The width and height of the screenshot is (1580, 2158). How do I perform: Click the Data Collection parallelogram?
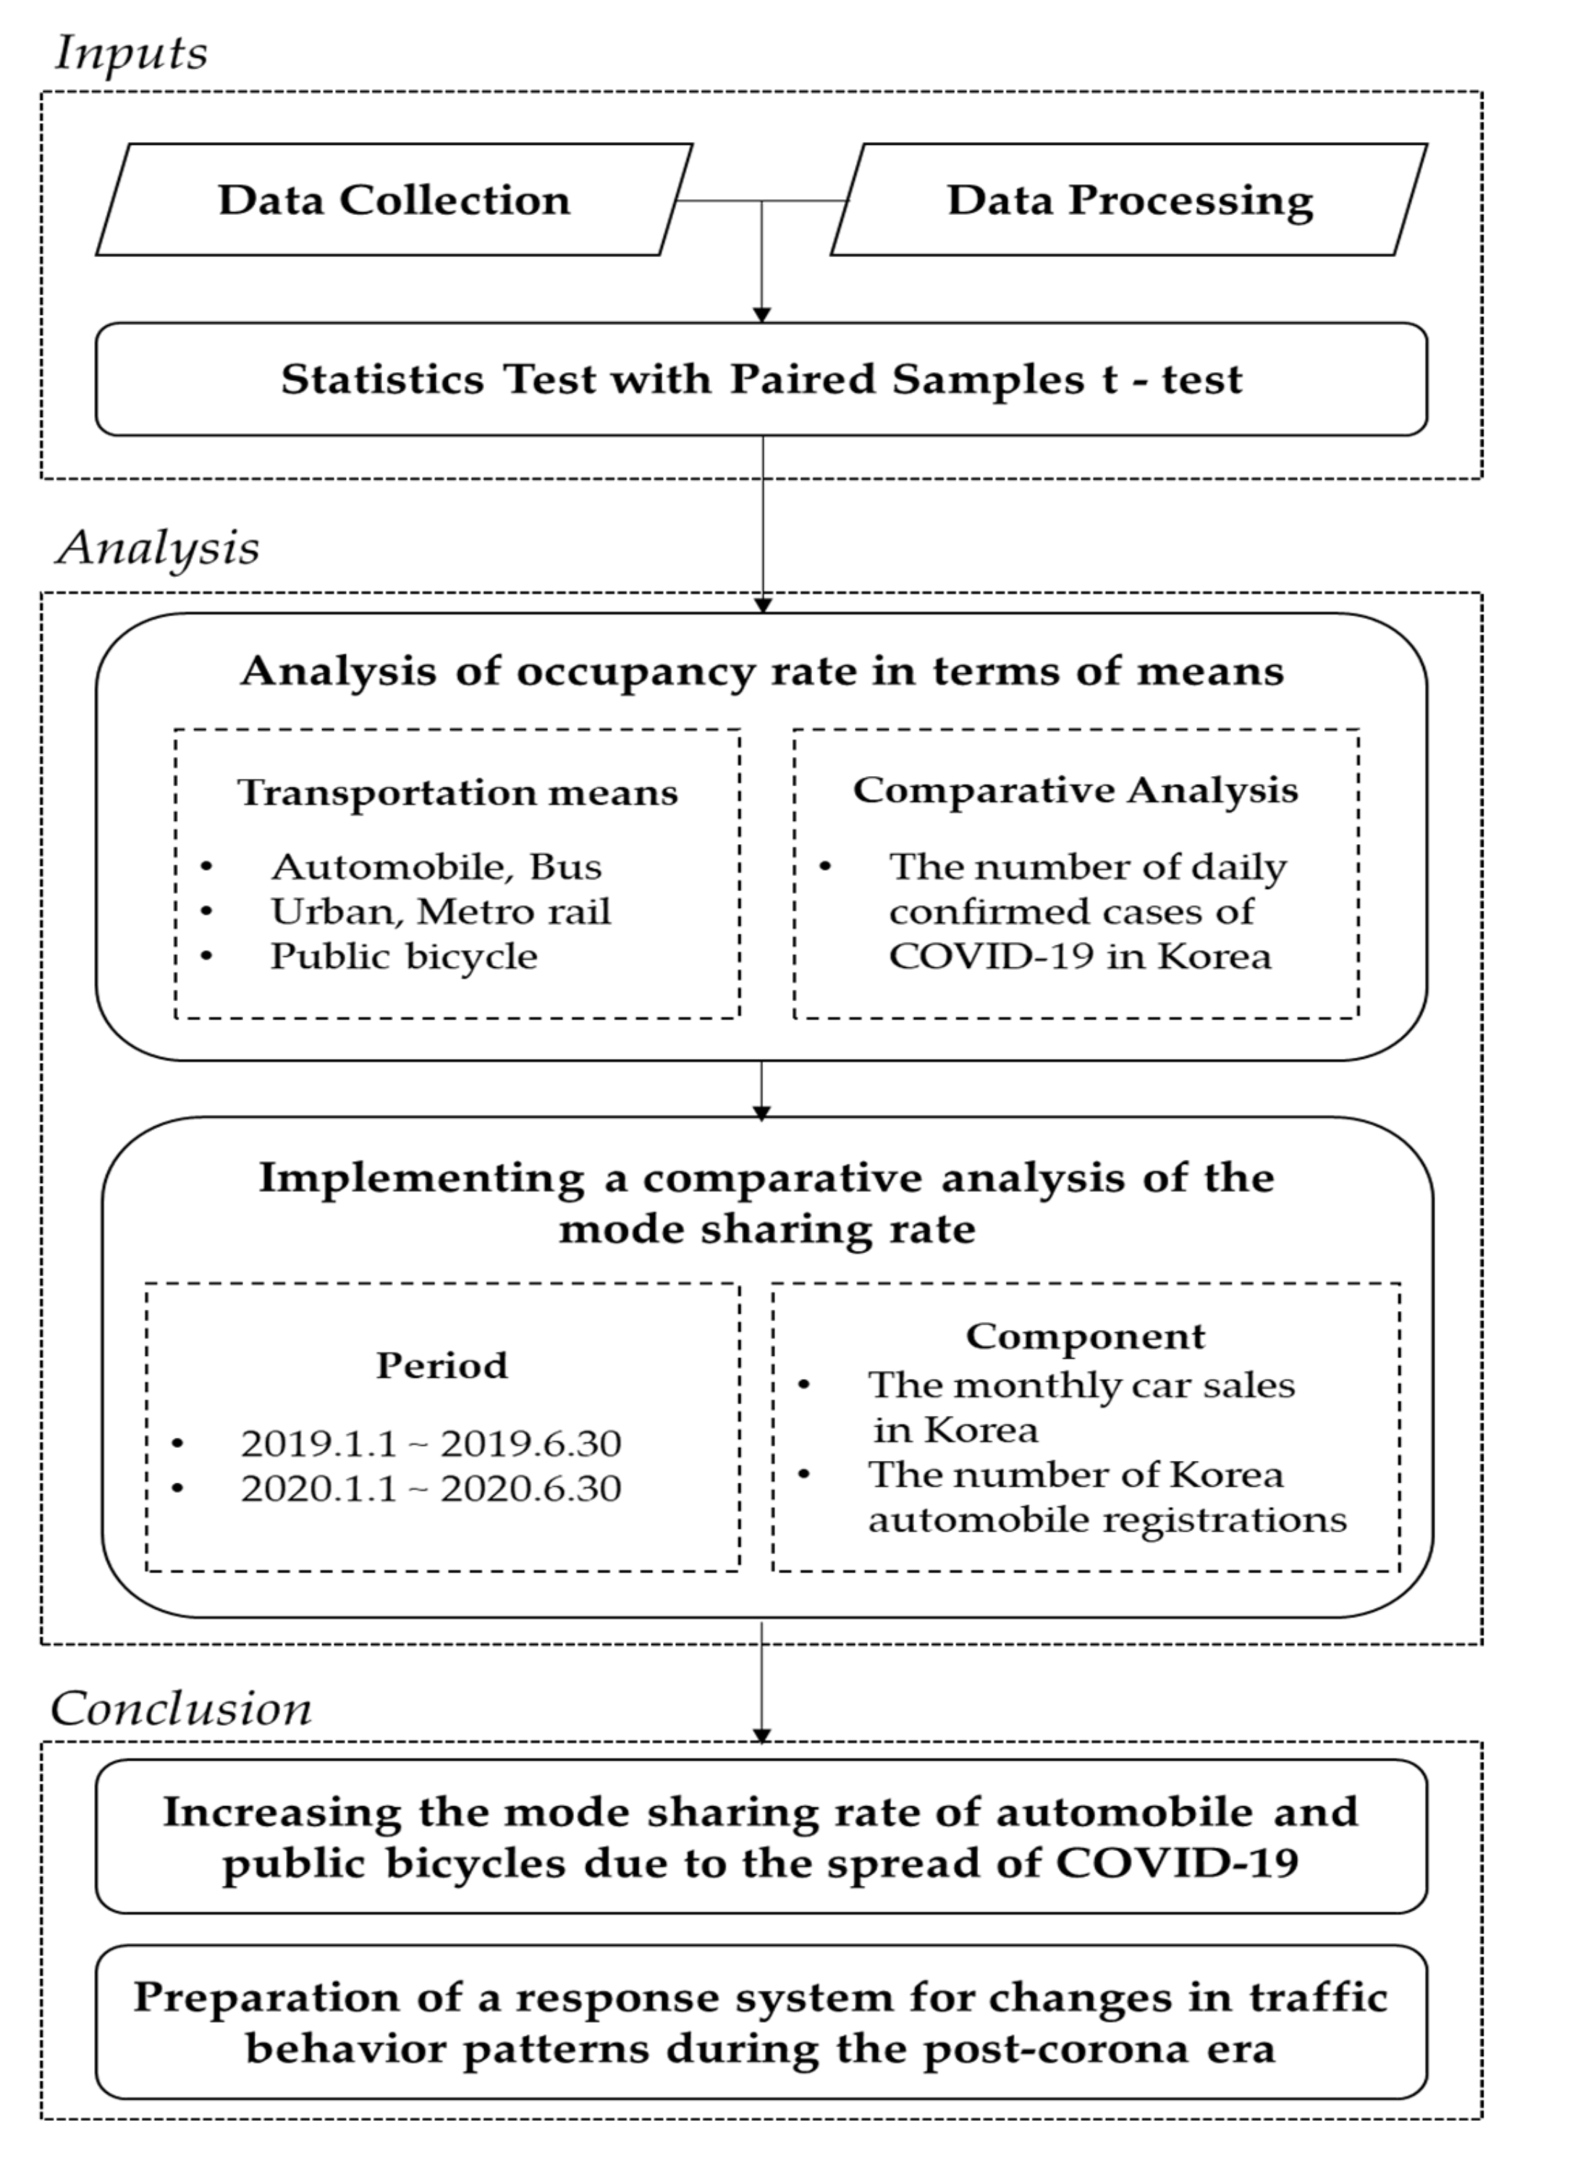click(x=394, y=200)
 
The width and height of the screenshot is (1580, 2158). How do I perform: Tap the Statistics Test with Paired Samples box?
click(x=761, y=379)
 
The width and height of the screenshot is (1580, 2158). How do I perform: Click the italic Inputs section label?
click(x=131, y=53)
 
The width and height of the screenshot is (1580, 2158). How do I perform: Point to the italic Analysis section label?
click(x=158, y=548)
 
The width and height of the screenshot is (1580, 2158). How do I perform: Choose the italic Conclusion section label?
click(x=181, y=1708)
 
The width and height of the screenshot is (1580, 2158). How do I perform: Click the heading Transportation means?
click(x=457, y=792)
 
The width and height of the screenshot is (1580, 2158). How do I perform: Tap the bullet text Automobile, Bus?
click(x=436, y=867)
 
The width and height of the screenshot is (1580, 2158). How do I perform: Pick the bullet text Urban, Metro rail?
click(x=440, y=911)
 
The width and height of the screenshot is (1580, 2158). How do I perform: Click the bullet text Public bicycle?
click(x=404, y=956)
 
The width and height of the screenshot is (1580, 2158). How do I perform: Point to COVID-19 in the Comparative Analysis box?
click(x=990, y=956)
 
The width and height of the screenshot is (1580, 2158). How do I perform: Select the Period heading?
click(x=442, y=1365)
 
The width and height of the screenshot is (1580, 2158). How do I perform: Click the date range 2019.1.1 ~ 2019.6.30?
click(x=431, y=1443)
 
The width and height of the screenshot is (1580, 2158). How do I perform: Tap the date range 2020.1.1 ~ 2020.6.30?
click(x=431, y=1488)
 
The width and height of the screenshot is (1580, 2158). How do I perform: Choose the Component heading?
click(x=1086, y=1336)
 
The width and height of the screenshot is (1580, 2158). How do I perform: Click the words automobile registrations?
click(x=1107, y=1519)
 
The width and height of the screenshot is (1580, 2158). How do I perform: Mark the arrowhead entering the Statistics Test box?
click(x=761, y=315)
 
